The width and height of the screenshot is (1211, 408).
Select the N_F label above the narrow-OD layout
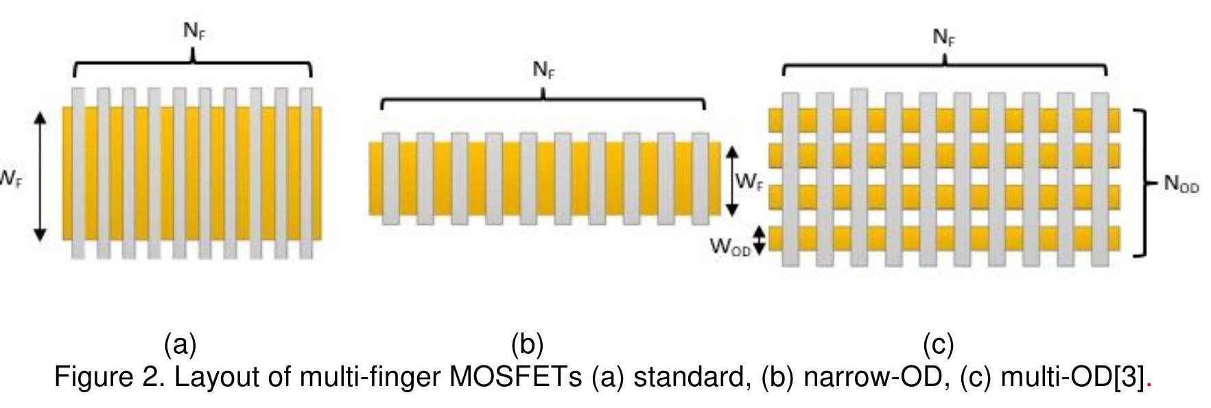(543, 71)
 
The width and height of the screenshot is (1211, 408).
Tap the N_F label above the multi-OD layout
(943, 38)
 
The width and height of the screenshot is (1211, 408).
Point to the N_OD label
(1181, 184)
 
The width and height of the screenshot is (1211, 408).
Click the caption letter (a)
(180, 344)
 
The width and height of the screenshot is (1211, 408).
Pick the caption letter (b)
(527, 344)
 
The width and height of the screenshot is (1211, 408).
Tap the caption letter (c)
(938, 344)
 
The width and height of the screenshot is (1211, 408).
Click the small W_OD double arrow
(759, 241)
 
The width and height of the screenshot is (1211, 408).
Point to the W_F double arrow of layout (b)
(732, 180)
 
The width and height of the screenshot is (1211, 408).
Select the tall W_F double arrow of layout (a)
(40, 176)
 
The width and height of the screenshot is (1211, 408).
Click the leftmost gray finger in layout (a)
(78, 173)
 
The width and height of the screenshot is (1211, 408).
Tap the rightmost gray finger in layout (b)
(701, 179)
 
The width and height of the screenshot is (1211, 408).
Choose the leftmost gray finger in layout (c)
(790, 179)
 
